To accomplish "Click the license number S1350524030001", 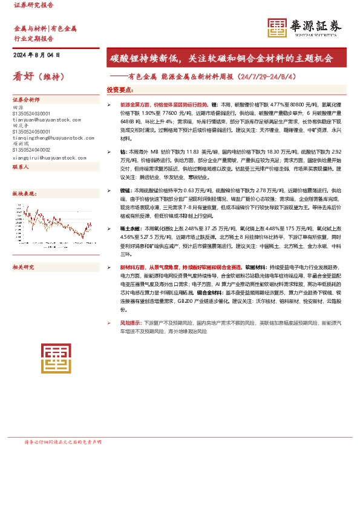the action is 32,114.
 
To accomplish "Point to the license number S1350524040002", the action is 32,150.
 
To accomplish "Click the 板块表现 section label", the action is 24,193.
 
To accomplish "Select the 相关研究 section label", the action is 24,267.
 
